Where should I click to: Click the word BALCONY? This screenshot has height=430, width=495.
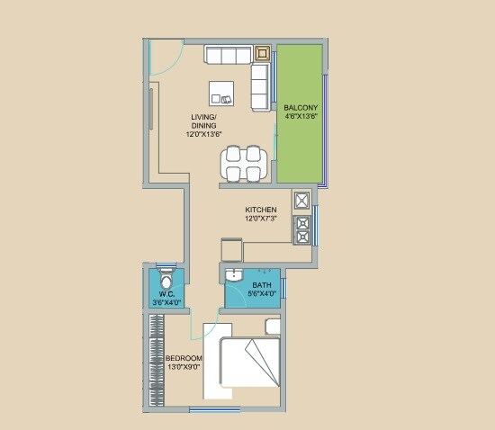[x=300, y=106]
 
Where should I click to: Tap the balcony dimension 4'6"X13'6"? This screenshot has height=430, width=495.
[x=300, y=116]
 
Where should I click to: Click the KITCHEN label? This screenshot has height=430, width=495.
[x=260, y=211]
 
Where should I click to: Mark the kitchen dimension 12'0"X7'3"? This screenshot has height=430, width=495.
[x=260, y=219]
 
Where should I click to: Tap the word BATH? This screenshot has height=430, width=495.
[x=262, y=285]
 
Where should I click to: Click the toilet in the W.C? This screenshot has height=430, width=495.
[x=164, y=273]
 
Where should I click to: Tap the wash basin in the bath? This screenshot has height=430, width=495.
[x=234, y=275]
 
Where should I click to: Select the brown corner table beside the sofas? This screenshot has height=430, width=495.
[x=263, y=53]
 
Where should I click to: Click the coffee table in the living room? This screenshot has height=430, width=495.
[x=221, y=92]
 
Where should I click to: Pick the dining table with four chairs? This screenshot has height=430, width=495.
[x=244, y=163]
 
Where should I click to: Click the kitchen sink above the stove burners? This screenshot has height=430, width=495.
[x=301, y=200]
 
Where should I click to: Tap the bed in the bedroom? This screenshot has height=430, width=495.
[x=251, y=364]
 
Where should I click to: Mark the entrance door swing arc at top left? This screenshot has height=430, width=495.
[x=162, y=59]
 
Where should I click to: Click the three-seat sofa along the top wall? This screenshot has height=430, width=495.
[x=228, y=56]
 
